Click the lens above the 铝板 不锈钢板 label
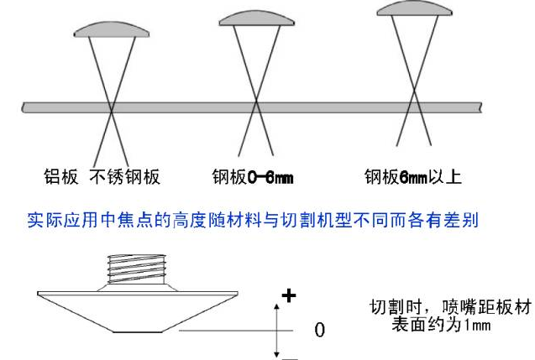(x=112, y=30)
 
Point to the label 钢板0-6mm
(x=252, y=177)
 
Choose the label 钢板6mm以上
(x=413, y=177)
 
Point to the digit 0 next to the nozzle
(x=319, y=329)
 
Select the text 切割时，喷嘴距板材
(x=450, y=307)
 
